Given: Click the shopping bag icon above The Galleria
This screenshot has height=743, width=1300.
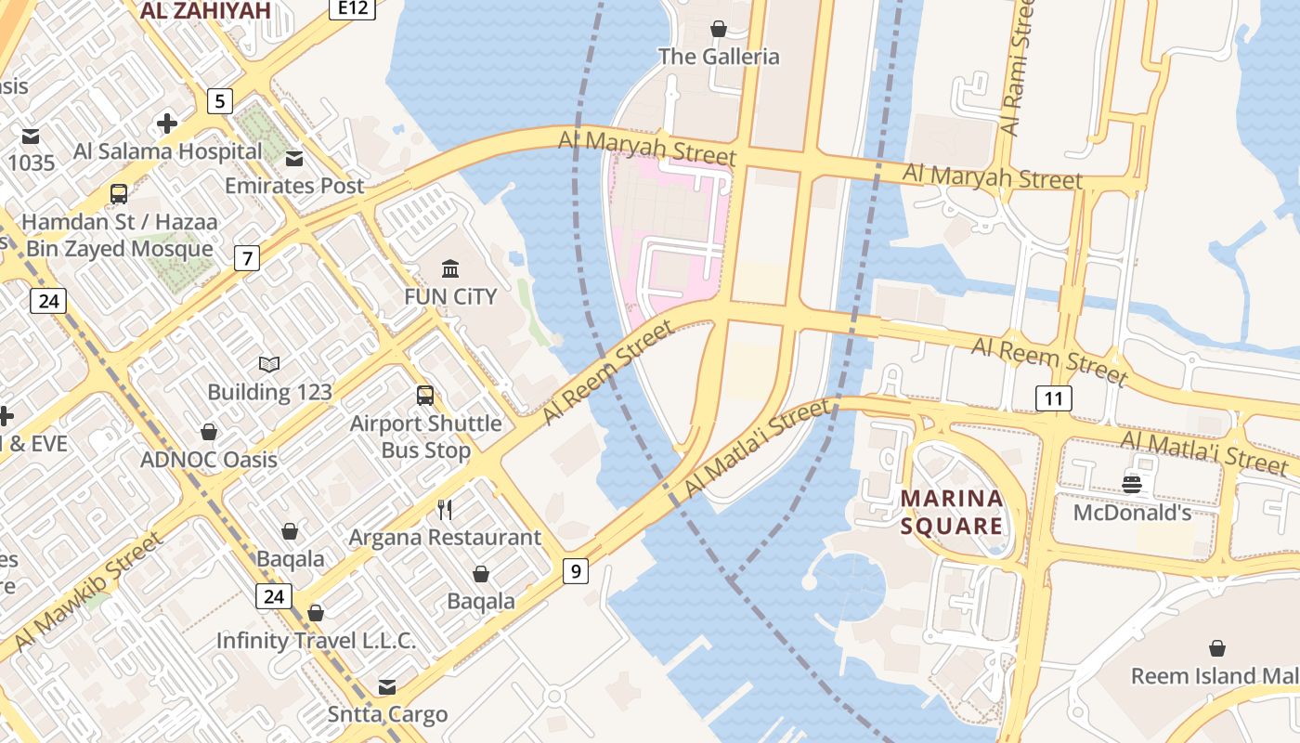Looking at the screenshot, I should [x=718, y=29].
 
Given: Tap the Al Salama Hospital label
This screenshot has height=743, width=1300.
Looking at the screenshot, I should [x=167, y=151].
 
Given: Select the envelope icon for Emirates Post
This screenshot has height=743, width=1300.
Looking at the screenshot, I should [x=294, y=158].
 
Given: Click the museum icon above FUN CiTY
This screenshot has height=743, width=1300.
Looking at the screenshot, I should [x=450, y=269].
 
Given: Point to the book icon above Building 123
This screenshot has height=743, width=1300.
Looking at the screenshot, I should [x=269, y=364].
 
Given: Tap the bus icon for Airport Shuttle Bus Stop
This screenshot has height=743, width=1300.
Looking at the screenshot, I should [x=425, y=396].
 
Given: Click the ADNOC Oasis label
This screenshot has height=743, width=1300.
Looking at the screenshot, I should [x=209, y=460].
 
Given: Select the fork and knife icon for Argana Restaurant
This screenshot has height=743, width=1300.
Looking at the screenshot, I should [x=445, y=509].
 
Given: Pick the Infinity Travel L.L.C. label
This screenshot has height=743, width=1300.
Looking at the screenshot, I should [x=316, y=641].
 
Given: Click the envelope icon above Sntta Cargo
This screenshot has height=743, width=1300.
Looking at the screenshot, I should [x=387, y=687].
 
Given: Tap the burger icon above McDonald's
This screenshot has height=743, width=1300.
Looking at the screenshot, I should [x=1132, y=484].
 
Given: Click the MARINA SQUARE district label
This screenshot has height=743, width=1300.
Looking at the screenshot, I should [x=953, y=513].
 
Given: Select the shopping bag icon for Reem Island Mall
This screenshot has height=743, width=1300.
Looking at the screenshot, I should [x=1217, y=648].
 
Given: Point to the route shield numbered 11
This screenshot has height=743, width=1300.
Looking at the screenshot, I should [x=1053, y=399].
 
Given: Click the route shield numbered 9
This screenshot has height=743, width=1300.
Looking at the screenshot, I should [x=576, y=571].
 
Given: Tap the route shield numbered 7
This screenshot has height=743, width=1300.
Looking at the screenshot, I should [x=246, y=258].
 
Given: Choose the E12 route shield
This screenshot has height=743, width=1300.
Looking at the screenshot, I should [x=352, y=8].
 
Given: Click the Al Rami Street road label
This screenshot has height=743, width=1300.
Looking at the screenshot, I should [x=1019, y=70].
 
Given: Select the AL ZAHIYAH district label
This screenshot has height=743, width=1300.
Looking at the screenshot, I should [x=205, y=10].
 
